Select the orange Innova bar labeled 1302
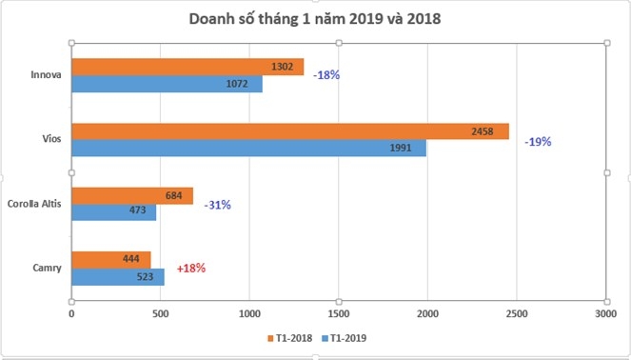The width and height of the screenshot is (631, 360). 187,67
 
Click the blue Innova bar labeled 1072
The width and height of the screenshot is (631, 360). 166,85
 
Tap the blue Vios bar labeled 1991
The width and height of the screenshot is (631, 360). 247,150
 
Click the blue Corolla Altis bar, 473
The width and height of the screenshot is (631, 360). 113,212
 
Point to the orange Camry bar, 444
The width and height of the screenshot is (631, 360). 110,259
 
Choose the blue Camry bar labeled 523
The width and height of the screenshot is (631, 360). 117,277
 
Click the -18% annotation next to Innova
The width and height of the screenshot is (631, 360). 326,76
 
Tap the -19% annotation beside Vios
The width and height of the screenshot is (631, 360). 537,141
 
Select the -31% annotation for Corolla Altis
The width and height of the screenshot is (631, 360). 217,205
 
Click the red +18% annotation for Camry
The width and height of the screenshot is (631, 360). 190,269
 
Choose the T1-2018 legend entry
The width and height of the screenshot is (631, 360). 290,337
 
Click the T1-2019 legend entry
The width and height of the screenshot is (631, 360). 346,337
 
